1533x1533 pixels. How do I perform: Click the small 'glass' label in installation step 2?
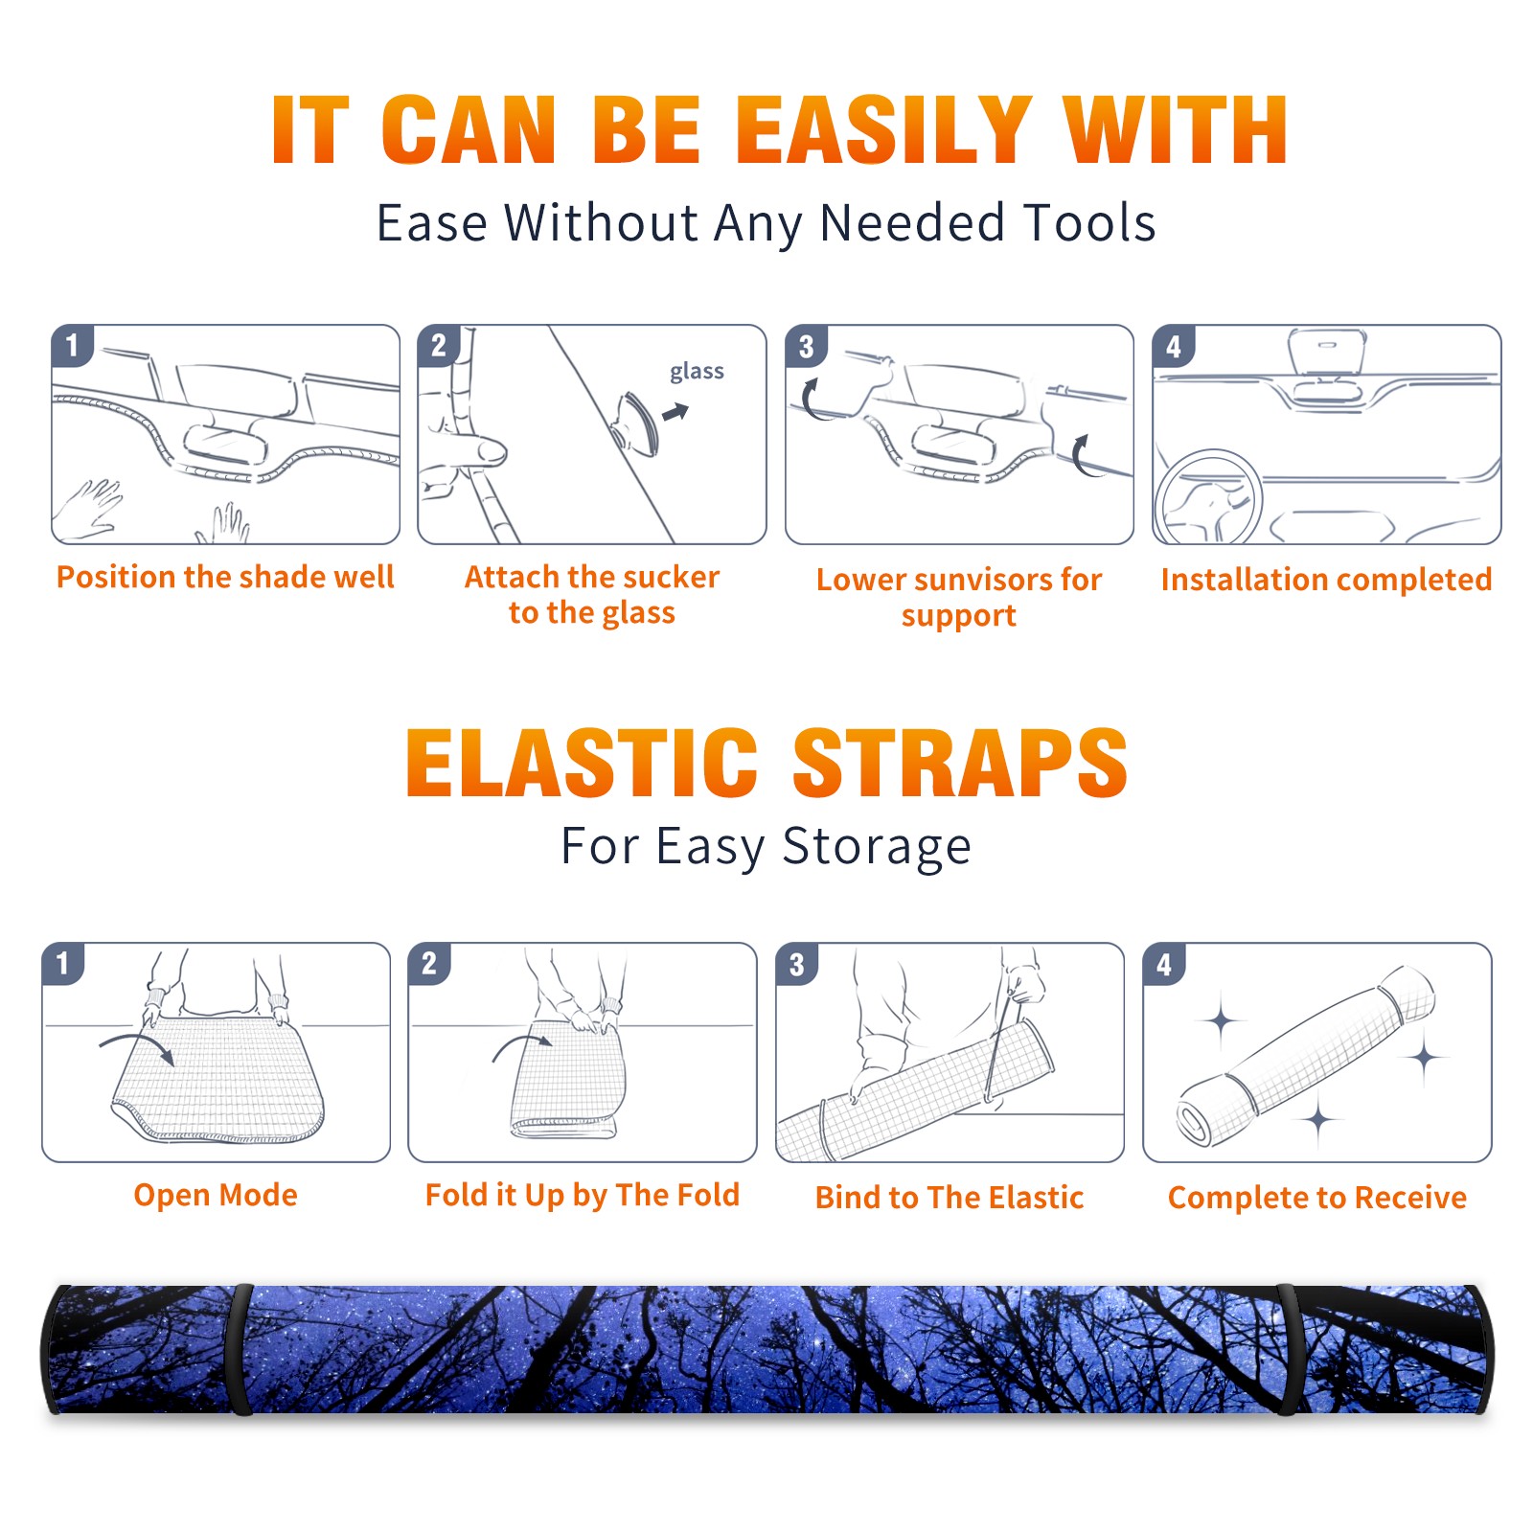pos(697,372)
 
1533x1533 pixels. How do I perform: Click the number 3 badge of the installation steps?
pos(806,346)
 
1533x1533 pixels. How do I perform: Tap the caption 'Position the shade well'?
pos(225,577)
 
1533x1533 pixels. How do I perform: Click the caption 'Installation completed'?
pos(1326,580)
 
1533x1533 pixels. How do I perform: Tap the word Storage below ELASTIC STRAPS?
pos(876,847)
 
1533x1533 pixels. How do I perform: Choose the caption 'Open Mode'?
pos(216,1195)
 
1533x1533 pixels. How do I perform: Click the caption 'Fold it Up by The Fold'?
pos(583,1196)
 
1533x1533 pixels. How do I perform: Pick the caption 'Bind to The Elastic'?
pos(950,1198)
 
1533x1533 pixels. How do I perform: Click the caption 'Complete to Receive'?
pos(1317,1198)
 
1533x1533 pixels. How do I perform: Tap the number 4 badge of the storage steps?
pos(1164,964)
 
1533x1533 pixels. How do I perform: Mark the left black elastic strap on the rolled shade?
pos(241,1349)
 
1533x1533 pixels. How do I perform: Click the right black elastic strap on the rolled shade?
pos(1289,1349)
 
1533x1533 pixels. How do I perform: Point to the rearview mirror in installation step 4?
pos(1326,352)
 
